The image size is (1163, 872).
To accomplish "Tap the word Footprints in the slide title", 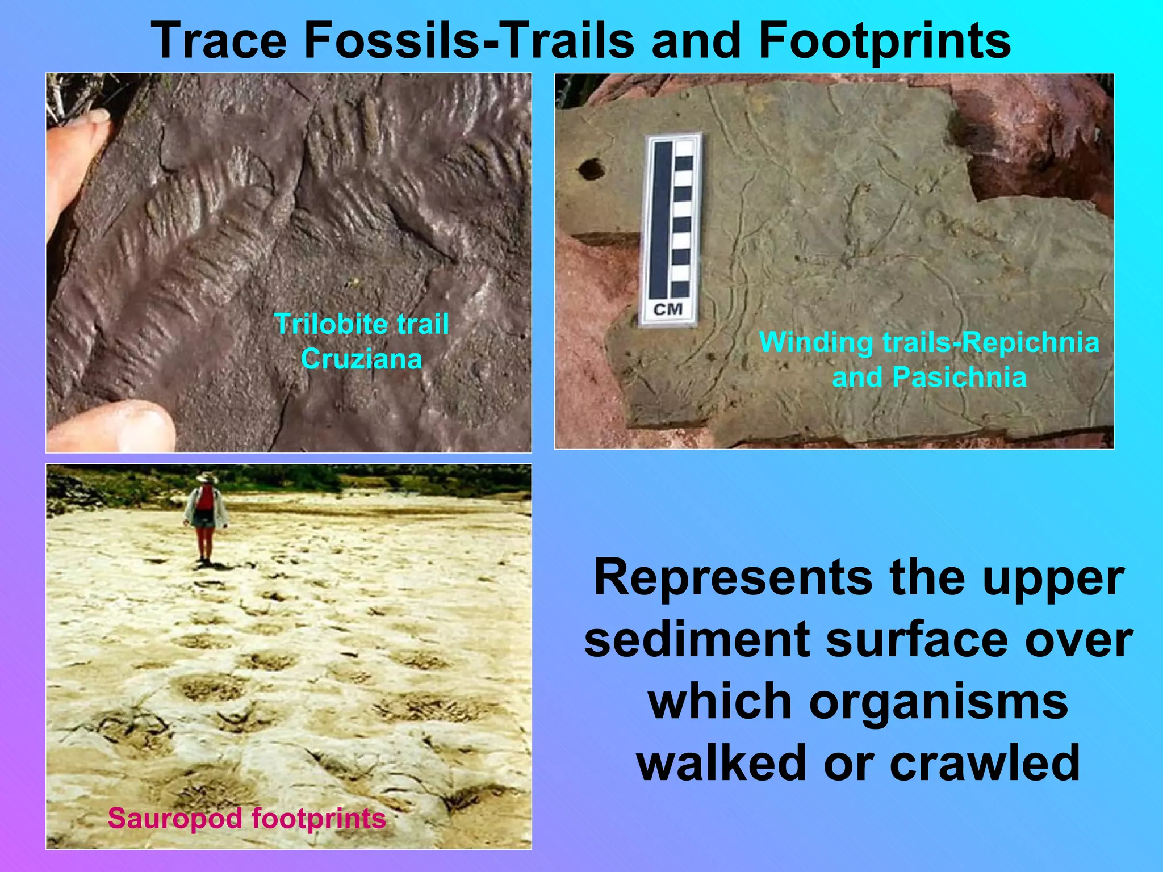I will coord(884,41).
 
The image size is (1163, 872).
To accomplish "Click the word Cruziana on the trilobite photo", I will coord(362,359).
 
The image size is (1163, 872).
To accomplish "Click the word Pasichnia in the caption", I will coord(959,377).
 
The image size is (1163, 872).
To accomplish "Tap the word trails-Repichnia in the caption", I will coord(990,342).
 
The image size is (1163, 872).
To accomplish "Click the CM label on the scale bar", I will coord(668,310).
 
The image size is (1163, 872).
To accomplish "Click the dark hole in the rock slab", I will coord(591,169).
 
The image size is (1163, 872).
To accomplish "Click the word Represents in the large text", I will coord(733,577).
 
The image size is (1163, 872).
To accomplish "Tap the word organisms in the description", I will coord(938,701).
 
